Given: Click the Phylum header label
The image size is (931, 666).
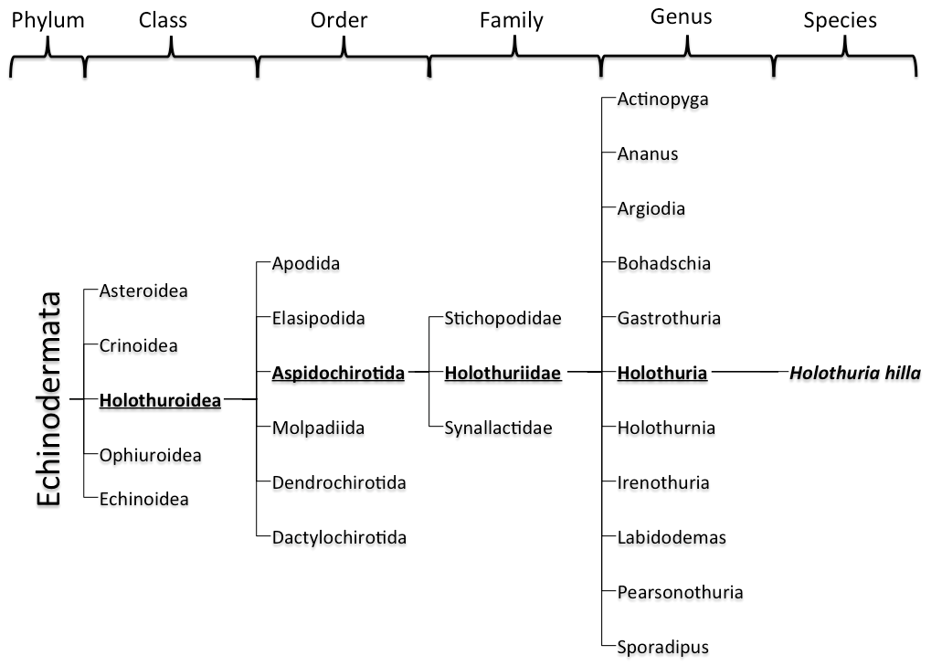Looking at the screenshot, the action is pos(48,21).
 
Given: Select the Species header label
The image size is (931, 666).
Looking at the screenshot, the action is pos(841,21).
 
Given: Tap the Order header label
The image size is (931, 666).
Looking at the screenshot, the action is pos(339,20).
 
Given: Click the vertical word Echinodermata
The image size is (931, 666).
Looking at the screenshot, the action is pos(48,399).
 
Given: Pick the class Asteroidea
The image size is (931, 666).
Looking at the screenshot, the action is pos(143,291).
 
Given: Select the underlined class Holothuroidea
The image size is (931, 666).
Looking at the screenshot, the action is pos(160,401).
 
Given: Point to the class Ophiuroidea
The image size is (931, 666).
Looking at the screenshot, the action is pos(150,455).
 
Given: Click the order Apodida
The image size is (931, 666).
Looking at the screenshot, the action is pos(306,263).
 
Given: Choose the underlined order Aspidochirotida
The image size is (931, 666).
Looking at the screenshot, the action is pos(338,374).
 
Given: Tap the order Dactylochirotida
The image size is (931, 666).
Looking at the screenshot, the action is pos(340,538).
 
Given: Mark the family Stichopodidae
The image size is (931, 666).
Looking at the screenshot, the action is pos(503,319).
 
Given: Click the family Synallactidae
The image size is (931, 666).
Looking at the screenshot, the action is pos(499,428).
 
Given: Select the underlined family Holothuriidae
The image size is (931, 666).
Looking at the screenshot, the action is pos(503,374).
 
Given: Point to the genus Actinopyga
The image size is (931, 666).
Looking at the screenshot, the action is pos(663,100).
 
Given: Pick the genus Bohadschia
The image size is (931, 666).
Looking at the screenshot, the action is pos(664,263).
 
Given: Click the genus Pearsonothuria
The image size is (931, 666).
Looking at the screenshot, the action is pos(681,592).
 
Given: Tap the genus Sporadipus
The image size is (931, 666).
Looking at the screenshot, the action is pos(663,648).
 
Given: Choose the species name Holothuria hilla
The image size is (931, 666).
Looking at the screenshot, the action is pos(855,374).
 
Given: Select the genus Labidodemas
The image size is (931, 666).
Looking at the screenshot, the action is pos(672,538).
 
